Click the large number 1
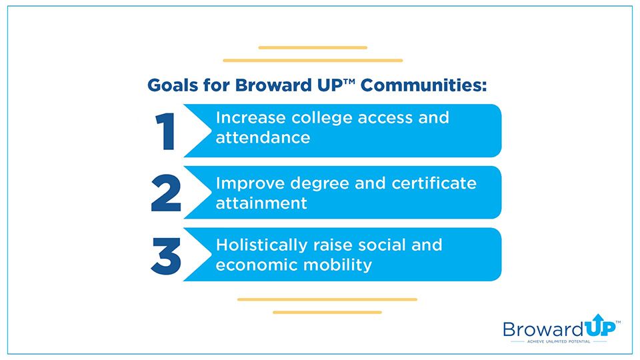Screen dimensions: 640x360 [166, 131]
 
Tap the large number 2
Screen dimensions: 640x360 [166, 193]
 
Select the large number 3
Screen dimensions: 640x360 [166, 256]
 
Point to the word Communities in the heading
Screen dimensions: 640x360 [424, 85]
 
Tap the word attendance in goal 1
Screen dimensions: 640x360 [263, 137]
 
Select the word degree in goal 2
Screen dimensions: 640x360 [319, 184]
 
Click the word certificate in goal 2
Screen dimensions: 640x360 [434, 183]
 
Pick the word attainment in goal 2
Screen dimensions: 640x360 [261, 203]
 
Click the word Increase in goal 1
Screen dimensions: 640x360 [251, 117]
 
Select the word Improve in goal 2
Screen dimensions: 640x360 [250, 184]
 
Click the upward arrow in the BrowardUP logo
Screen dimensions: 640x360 [598, 319]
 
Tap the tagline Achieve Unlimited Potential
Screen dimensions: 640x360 [559, 341]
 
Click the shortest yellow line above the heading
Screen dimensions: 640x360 [313, 48]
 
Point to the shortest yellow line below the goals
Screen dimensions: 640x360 [327, 312]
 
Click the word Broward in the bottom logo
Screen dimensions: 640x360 [543, 329]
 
